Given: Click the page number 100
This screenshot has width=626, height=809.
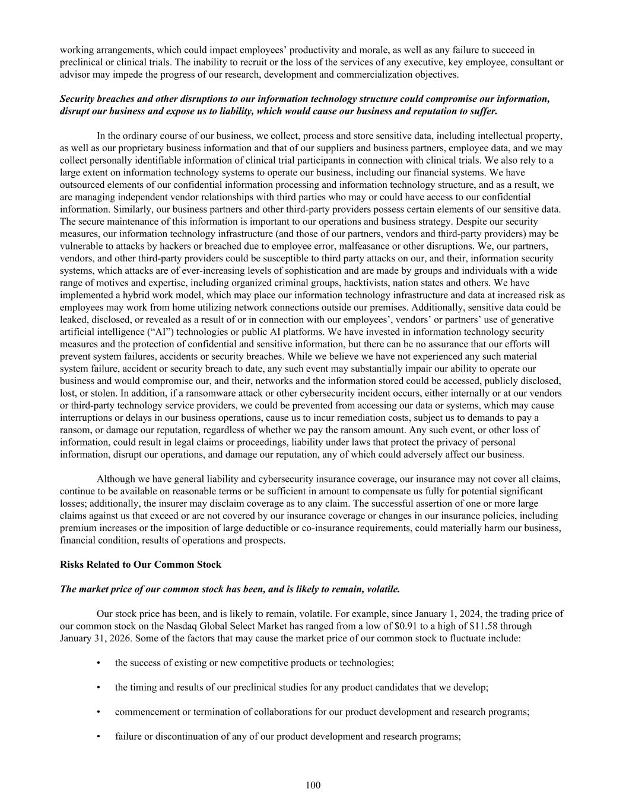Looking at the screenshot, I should (313, 785).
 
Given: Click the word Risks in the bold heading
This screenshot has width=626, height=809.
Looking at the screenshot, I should (72, 564).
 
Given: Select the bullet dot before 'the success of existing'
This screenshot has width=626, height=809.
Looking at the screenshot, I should (98, 663).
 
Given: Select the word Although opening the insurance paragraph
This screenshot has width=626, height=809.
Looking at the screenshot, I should (116, 479).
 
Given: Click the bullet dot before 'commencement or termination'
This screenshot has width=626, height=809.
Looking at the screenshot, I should (98, 712).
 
